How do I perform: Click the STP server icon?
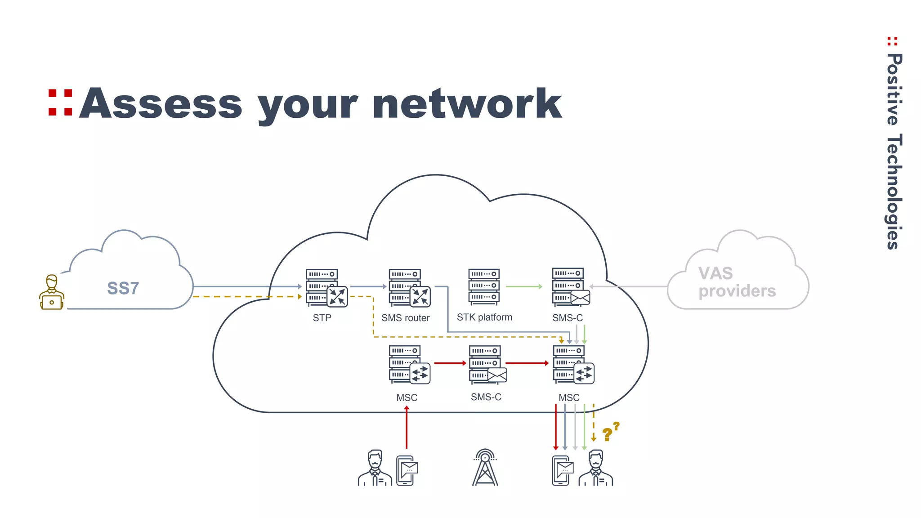(x=326, y=288)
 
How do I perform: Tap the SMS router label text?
(x=405, y=318)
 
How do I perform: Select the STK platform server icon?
(x=484, y=286)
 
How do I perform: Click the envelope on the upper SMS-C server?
(x=580, y=297)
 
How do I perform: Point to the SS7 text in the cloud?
(x=123, y=288)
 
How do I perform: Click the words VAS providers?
(x=737, y=282)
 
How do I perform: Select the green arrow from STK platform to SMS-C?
(x=524, y=286)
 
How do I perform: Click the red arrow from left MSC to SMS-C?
(x=450, y=363)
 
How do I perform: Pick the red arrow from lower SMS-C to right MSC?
(x=527, y=363)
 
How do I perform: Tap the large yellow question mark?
(x=607, y=434)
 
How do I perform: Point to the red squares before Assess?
(x=60, y=103)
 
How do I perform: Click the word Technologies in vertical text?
(x=894, y=191)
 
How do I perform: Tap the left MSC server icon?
(x=408, y=365)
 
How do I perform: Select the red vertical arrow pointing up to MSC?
(x=407, y=427)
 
